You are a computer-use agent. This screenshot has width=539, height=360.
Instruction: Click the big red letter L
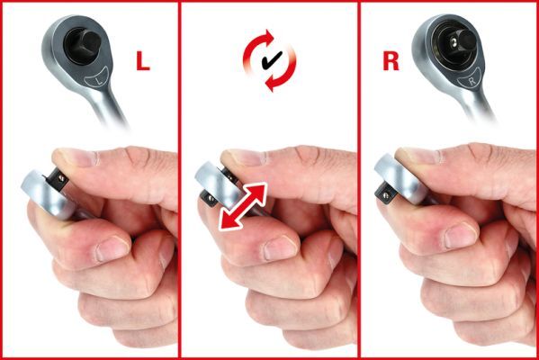pyautogui.click(x=143, y=61)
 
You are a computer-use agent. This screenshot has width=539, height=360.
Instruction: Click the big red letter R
pyautogui.click(x=391, y=60)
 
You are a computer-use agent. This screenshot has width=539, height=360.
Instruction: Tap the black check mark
pyautogui.click(x=272, y=60)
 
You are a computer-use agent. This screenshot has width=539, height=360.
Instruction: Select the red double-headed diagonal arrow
pyautogui.click(x=243, y=206)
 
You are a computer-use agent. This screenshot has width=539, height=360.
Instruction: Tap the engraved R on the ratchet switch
pyautogui.click(x=472, y=81)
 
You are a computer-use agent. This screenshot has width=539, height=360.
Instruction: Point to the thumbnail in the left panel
pyautogui.click(x=75, y=157)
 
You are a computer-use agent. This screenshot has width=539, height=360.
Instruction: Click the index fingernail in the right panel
pyautogui.click(x=461, y=236)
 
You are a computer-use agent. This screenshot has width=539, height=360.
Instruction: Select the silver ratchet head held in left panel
pyautogui.click(x=47, y=193)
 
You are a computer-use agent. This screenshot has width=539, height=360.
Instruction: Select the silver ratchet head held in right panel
pyautogui.click(x=400, y=179)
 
